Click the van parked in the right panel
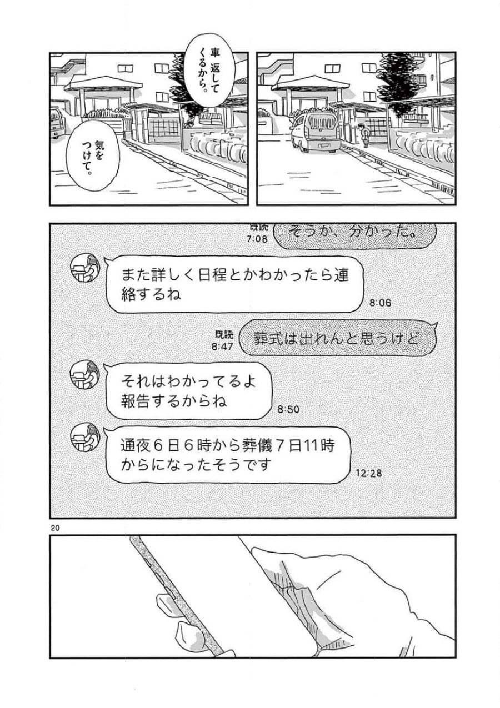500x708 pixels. click(315, 133)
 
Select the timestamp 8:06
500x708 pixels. click(380, 303)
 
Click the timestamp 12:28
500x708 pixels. click(367, 474)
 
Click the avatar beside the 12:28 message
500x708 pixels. click(85, 436)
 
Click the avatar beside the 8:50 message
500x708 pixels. click(85, 374)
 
